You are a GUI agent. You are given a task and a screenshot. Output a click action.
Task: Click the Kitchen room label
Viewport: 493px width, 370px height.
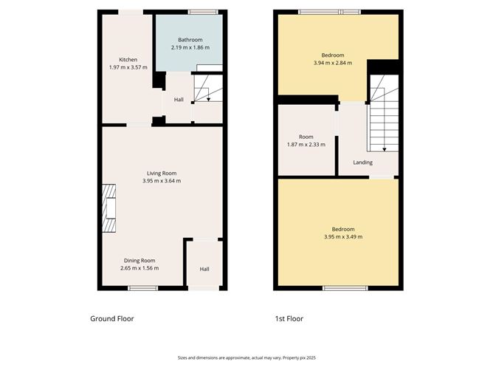(x=128, y=60)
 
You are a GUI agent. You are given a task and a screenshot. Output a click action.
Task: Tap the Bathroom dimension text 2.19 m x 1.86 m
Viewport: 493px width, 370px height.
(x=188, y=47)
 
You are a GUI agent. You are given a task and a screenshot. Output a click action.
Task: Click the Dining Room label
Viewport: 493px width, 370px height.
(x=139, y=260)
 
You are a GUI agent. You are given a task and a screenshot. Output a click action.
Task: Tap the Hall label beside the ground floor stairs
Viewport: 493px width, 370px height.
(x=179, y=100)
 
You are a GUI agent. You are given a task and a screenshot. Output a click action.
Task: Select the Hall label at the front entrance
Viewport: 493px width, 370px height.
(x=204, y=269)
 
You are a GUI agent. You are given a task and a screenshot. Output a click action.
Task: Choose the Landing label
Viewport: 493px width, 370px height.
(x=362, y=162)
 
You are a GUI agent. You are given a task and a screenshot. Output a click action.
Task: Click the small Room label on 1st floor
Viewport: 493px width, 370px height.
(x=306, y=137)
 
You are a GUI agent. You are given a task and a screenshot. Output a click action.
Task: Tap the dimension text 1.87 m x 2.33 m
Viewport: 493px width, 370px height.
(x=306, y=145)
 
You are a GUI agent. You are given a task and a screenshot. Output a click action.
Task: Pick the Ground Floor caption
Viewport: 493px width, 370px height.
(x=111, y=319)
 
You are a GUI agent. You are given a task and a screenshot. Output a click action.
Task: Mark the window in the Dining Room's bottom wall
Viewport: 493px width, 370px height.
(x=143, y=287)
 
